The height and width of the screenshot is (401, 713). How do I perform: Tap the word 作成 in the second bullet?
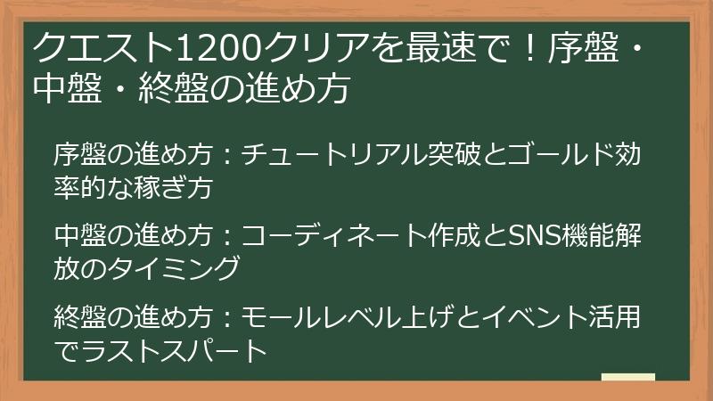click(x=452, y=236)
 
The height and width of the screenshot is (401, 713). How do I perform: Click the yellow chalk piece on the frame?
click(x=627, y=378)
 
